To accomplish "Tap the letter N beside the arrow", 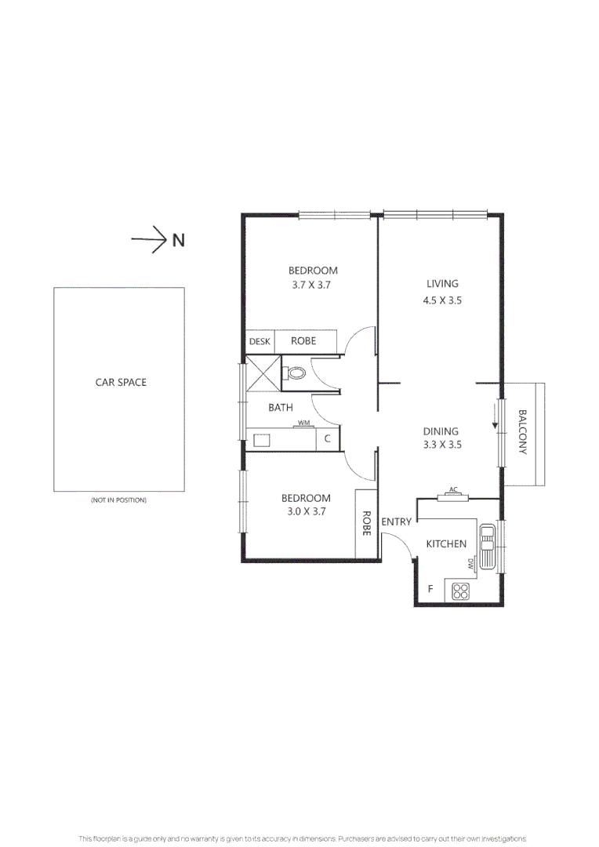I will pos(179,241).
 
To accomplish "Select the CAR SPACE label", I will pos(121,383).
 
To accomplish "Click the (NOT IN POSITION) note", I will pos(119,500).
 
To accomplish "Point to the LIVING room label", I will pos(442,284).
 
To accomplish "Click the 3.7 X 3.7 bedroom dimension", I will pos(312,285).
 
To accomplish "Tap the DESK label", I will pos(260,342).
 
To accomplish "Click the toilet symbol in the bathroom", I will pos(295,373).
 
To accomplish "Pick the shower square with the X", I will pos(263,372).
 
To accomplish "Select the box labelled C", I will pos(328,439).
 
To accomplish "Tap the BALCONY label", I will pos(523,432).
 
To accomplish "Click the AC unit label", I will pos(452,490).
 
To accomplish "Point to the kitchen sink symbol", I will pos(487,547).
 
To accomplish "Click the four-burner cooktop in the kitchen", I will pos(460,593).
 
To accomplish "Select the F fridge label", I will pos(430,589).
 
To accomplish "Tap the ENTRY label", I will pos(396,522).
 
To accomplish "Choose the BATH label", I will pos(281,408).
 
